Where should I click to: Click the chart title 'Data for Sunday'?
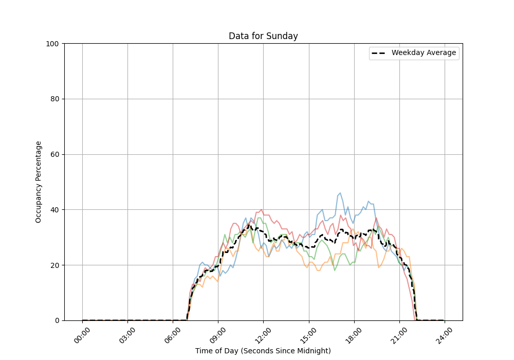263,36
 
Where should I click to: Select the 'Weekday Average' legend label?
424,53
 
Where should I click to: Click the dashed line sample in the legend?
379,53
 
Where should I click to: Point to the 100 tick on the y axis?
52,44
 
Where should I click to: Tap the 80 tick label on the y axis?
54,99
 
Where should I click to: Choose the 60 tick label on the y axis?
54,155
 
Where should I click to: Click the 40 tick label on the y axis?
54,210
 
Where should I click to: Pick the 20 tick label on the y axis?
54,265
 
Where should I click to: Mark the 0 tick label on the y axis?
57,320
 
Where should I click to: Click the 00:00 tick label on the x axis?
83,335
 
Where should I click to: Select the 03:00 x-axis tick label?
128,335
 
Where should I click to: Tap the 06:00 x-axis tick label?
173,335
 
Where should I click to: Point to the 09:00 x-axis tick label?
218,335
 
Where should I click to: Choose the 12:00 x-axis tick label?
264,335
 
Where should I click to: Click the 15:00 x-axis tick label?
309,335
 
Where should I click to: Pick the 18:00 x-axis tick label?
354,335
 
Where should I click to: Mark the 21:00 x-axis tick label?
399,335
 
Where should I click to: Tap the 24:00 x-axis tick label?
445,335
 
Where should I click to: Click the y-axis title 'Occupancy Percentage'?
39,182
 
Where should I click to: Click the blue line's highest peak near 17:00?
340,193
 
